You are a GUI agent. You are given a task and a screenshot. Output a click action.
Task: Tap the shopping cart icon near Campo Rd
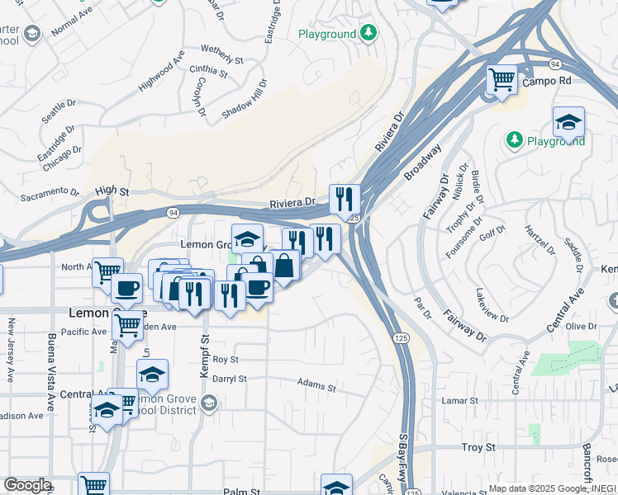[502, 80]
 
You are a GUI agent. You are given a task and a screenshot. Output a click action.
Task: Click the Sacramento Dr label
[50, 196]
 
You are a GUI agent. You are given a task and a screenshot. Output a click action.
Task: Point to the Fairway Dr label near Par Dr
[463, 323]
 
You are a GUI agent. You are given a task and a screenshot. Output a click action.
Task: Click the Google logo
[27, 485]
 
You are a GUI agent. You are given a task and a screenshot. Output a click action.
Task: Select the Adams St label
[317, 386]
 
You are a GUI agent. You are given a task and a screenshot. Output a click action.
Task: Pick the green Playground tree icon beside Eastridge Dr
[369, 34]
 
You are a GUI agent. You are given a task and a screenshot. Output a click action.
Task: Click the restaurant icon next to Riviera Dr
[344, 199]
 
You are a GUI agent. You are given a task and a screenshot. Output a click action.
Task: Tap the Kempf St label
[204, 356]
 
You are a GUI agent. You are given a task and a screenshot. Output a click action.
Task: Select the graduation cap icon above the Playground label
[568, 122]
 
